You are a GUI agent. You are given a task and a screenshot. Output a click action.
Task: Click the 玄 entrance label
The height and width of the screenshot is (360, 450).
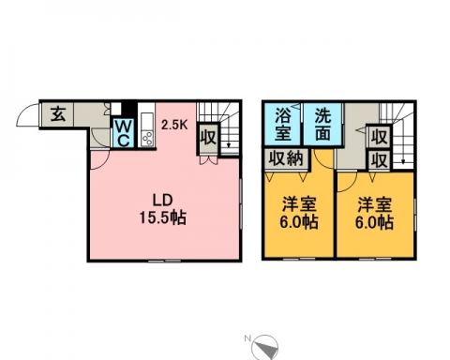58,113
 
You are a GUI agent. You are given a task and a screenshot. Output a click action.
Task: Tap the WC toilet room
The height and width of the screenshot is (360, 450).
124,133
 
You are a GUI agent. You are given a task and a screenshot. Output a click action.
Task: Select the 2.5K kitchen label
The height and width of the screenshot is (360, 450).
174,125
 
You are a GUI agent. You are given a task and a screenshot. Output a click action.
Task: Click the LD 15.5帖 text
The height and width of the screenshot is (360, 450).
162,209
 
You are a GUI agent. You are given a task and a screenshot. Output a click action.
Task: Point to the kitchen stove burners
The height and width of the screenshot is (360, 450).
147,139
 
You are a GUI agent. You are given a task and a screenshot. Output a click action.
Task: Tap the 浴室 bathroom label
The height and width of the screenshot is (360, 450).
283,124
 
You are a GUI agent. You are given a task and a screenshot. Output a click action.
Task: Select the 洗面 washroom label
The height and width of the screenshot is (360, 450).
322,124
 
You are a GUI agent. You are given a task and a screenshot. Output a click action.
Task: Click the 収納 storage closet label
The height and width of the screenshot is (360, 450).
286,158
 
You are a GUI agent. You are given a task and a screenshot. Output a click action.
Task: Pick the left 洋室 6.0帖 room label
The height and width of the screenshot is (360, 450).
299,213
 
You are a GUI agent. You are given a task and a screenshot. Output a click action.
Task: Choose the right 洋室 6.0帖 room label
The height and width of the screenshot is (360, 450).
374,213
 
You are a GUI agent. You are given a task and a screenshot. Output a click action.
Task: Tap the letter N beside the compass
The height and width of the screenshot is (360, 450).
248,338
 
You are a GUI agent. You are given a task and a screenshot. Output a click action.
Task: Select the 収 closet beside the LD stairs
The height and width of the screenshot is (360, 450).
208,137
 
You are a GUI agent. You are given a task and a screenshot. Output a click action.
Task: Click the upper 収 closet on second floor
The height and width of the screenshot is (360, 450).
380,137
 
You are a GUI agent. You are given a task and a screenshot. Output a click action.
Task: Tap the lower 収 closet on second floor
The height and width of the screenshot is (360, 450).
380,160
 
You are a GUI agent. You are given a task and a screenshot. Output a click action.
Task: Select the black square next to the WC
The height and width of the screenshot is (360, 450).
128,108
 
